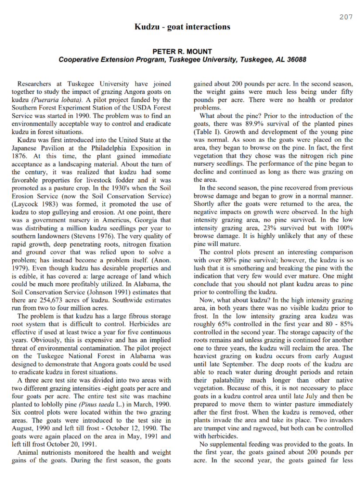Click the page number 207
pyautogui.click(x=346, y=17)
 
